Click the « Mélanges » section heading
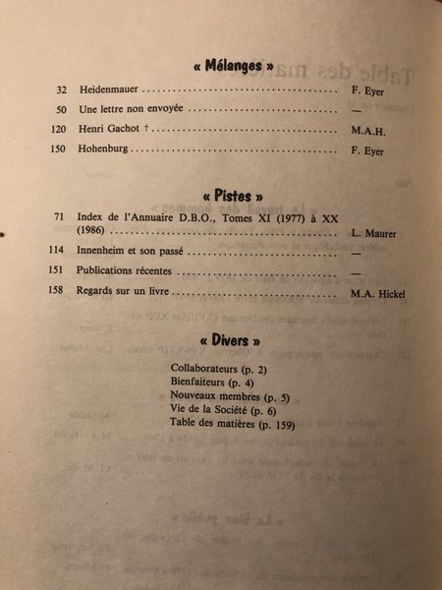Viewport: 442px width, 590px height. pyautogui.click(x=225, y=67)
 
